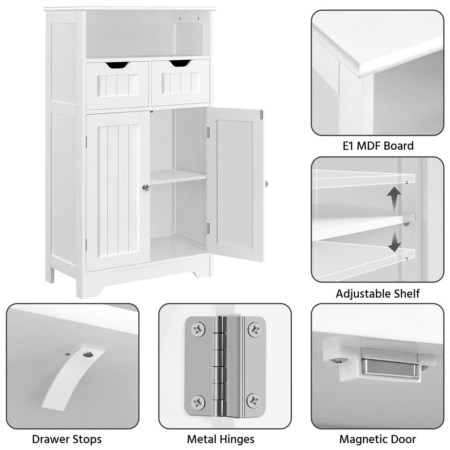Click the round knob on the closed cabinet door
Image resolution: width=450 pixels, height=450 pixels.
pos(146,187)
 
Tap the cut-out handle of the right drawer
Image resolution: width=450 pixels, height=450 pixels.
pos(180,63)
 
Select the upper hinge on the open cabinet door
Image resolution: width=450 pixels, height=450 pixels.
pos(208,132)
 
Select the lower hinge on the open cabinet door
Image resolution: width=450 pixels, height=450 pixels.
pos(208,228)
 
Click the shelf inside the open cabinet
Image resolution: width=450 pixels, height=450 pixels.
pos(178,176)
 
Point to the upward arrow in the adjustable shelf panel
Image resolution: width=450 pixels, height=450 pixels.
pos(394,198)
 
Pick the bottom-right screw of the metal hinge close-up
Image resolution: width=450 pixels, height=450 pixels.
pos(254,400)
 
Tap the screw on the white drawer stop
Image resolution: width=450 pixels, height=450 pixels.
pos(87,355)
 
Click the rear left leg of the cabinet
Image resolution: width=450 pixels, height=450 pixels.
pos(50,274)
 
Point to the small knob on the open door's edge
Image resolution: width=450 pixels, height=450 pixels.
pos(266,184)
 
